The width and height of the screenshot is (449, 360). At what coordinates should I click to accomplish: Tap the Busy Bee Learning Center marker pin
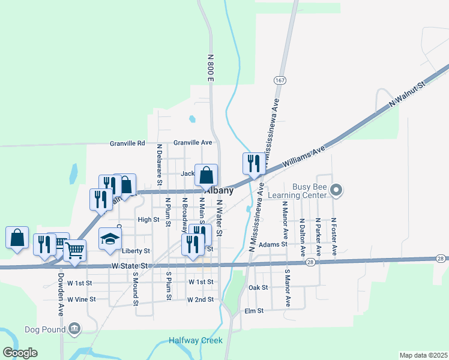coord(337,191)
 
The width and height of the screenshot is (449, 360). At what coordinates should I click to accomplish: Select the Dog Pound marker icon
coord(74,328)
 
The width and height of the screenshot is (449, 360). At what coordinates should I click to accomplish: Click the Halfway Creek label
coord(195,340)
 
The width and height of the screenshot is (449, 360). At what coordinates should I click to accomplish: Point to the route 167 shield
coord(280,80)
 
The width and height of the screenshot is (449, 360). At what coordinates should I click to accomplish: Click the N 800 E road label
coord(211,67)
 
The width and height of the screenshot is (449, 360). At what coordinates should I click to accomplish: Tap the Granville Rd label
coord(127,143)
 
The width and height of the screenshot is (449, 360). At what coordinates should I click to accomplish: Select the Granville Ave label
coord(193,143)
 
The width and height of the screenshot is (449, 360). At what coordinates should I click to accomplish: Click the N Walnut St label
coord(406,95)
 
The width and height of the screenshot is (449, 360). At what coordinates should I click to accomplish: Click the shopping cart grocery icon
coord(74,250)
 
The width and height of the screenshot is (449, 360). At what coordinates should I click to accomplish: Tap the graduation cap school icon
coord(110,238)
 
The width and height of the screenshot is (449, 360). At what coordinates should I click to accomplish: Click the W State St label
coord(129,266)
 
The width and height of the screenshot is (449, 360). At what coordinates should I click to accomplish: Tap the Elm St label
coord(255,311)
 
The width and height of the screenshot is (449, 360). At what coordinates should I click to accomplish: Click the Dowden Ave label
coord(61,295)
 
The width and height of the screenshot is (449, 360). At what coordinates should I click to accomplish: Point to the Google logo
coord(20,353)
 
